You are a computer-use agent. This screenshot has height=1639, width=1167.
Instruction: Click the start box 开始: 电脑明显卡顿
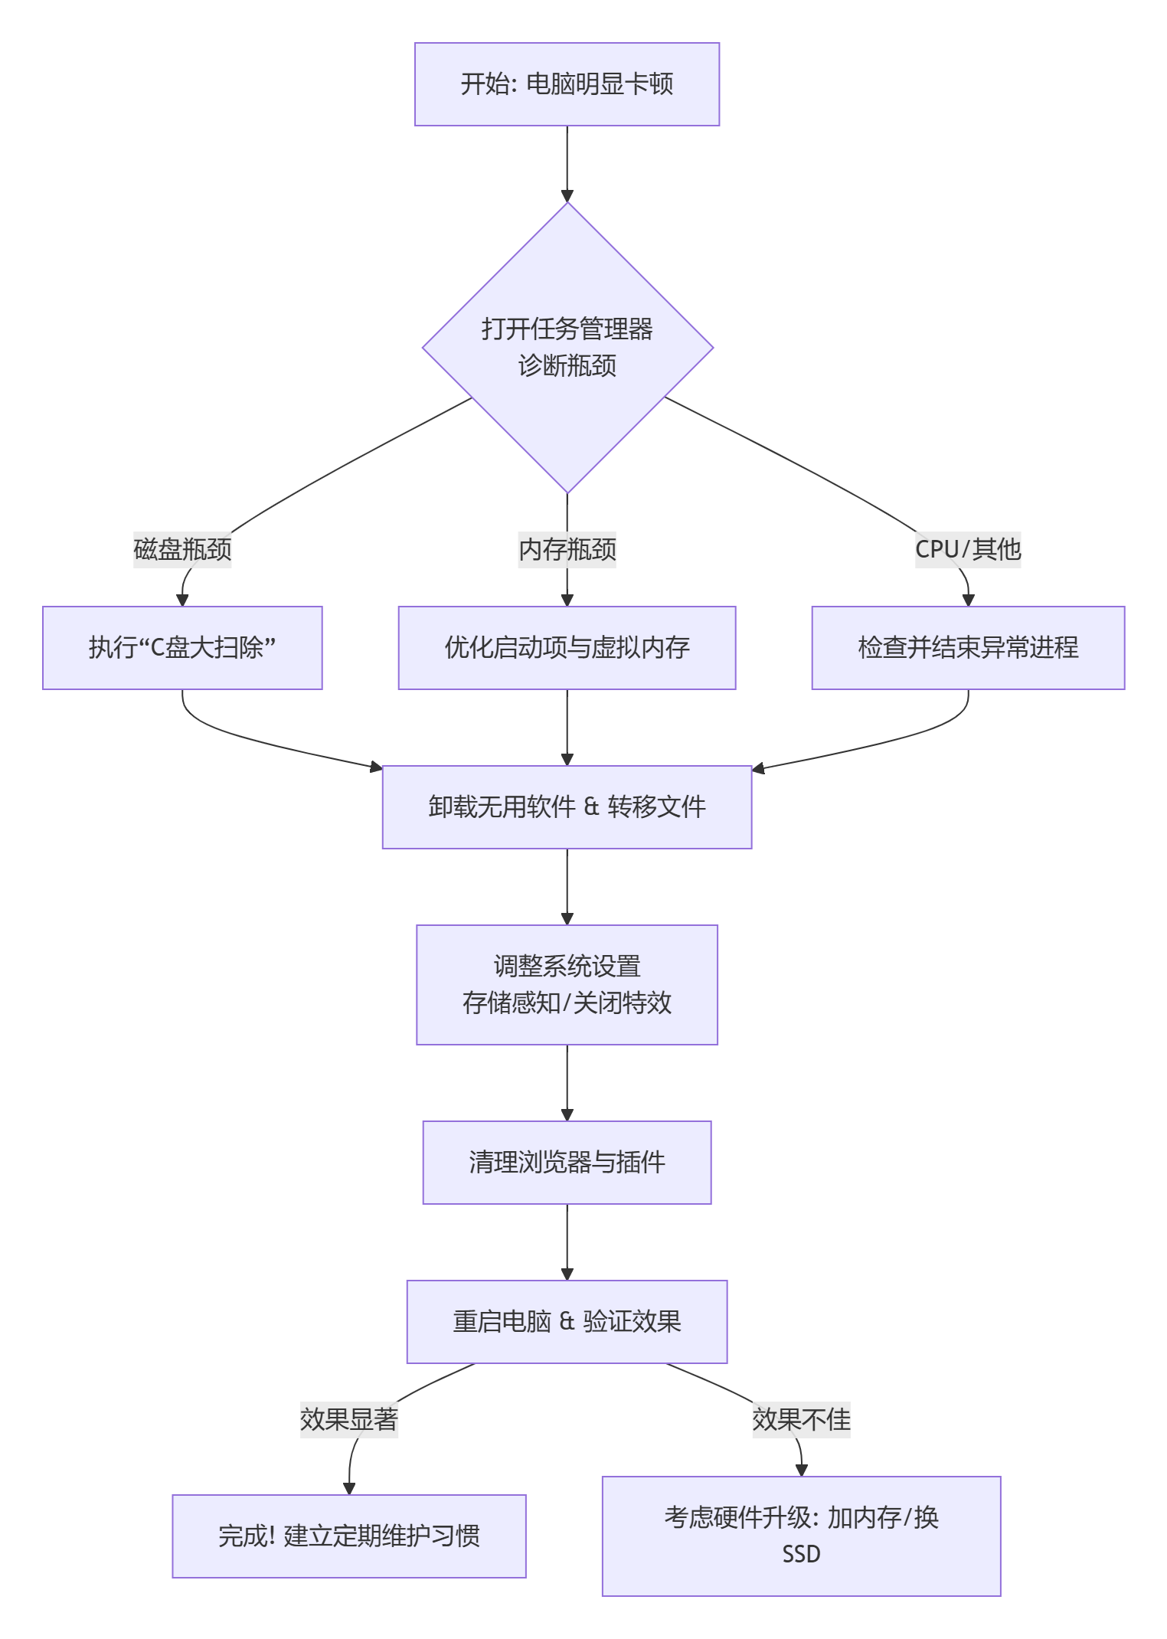[x=567, y=84]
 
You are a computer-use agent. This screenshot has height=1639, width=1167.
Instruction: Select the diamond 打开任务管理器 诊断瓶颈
[x=567, y=347]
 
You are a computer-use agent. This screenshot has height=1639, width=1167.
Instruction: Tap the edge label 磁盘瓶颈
[x=182, y=549]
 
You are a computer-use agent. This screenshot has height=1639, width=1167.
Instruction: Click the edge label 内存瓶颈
[x=567, y=549]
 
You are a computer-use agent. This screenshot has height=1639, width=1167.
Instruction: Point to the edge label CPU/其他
[x=968, y=549]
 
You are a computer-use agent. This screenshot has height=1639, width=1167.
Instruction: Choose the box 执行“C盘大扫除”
[x=182, y=648]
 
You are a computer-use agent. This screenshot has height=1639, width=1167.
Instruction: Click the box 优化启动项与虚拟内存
[x=567, y=648]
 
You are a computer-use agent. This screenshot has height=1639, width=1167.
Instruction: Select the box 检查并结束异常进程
[x=968, y=648]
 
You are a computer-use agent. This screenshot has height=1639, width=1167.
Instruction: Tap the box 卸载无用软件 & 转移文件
[x=567, y=806]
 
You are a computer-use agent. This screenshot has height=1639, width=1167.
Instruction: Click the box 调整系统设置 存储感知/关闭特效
[x=567, y=984]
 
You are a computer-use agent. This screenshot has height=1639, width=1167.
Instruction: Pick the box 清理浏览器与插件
[x=567, y=1162]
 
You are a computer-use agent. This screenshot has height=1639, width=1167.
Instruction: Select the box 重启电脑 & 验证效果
[x=567, y=1321]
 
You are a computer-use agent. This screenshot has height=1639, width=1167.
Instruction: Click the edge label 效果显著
[x=348, y=1419]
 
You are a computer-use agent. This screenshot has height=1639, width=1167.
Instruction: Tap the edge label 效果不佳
[x=801, y=1419]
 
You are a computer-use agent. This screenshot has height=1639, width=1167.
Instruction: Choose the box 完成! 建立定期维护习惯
[x=348, y=1536]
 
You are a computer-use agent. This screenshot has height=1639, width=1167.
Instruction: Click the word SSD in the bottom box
[x=801, y=1554]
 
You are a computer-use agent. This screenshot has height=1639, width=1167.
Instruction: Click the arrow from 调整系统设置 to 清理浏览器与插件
[x=567, y=1082]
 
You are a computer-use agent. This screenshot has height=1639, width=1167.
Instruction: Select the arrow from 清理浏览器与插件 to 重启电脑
[x=567, y=1242]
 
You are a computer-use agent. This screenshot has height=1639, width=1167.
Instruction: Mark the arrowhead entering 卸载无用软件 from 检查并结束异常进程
[x=758, y=768]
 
